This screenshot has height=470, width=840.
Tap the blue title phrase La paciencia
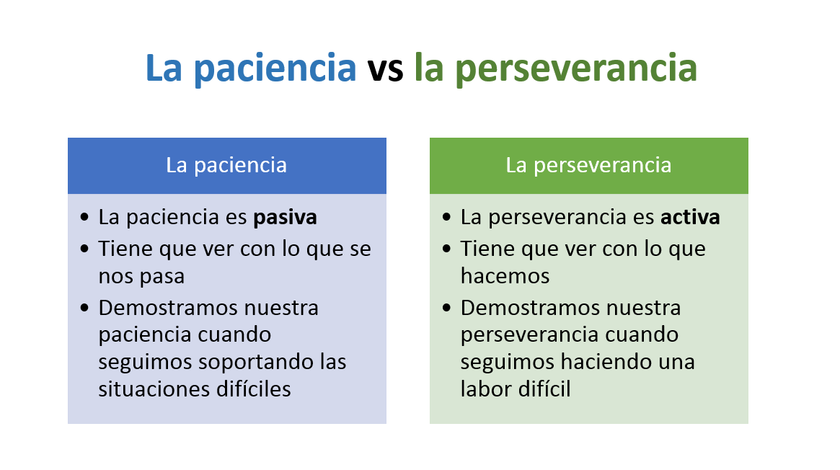pos(251,68)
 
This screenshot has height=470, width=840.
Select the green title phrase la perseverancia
pos(555,68)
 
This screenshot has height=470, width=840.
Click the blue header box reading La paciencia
pos(227,165)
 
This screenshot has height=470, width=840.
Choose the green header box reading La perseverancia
pos(589,165)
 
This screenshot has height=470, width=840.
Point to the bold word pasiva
pos(285,217)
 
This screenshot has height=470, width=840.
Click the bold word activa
pos(690,217)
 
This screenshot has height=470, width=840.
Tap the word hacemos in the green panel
pos(505,276)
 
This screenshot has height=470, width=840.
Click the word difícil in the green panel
pos(541,389)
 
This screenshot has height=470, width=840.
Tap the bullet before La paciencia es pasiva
pos(84,217)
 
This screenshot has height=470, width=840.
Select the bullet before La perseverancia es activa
pos(447,217)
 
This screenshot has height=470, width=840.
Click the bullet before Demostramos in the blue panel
pos(84,308)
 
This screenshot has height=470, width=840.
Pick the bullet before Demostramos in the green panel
pos(447,308)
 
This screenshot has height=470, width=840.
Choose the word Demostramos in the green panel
pos(531,308)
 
